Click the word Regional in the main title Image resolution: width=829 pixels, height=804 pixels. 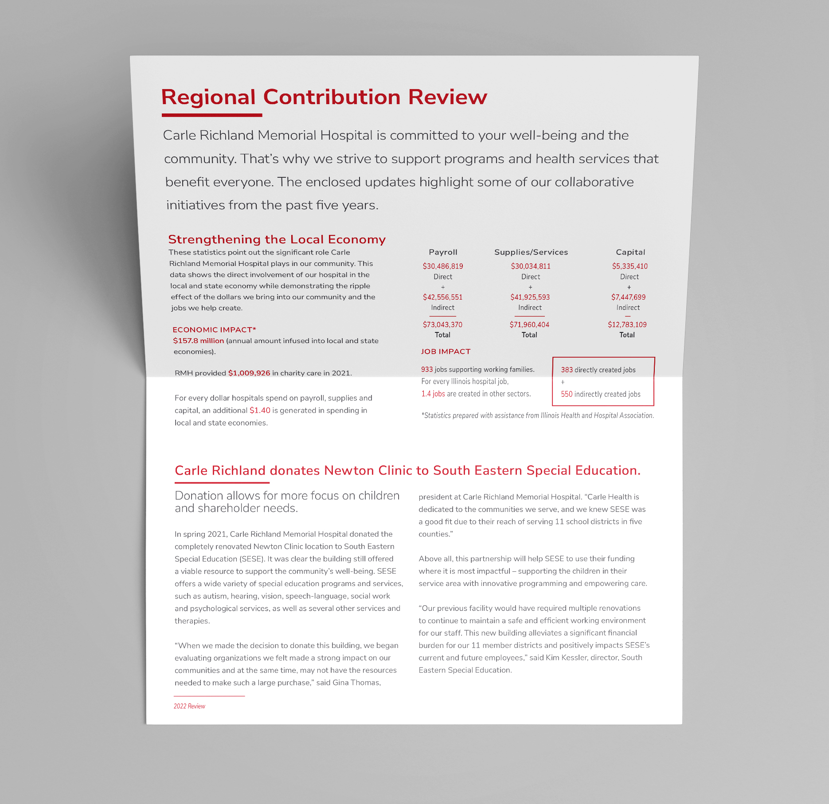coord(208,98)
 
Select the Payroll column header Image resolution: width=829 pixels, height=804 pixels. coord(443,252)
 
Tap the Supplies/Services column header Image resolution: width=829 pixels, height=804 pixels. coord(531,252)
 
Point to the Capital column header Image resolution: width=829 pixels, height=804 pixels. coord(630,252)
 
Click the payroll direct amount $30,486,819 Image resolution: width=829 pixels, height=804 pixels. coord(443,266)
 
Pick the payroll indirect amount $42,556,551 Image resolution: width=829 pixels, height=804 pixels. coord(442,297)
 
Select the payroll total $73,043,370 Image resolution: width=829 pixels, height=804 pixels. coord(442,325)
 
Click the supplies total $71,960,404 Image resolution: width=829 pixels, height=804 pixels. coord(529,325)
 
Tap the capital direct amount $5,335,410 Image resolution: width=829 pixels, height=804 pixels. coord(630,266)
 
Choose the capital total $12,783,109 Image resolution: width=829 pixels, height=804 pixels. coord(627,325)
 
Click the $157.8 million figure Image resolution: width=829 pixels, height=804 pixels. coord(199,341)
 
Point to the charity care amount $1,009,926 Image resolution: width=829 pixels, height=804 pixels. coord(249,373)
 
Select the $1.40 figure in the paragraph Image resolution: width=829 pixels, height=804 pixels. coord(260,410)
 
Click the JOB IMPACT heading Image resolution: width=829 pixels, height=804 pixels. coord(446,351)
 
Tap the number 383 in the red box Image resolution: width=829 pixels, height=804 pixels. coord(567,370)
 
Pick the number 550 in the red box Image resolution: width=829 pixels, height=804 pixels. coord(567,394)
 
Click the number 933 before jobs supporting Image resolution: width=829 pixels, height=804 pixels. coord(427,370)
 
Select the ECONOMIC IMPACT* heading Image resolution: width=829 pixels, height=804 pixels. coord(214,330)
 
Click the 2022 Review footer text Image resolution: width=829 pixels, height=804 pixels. coord(189,706)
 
